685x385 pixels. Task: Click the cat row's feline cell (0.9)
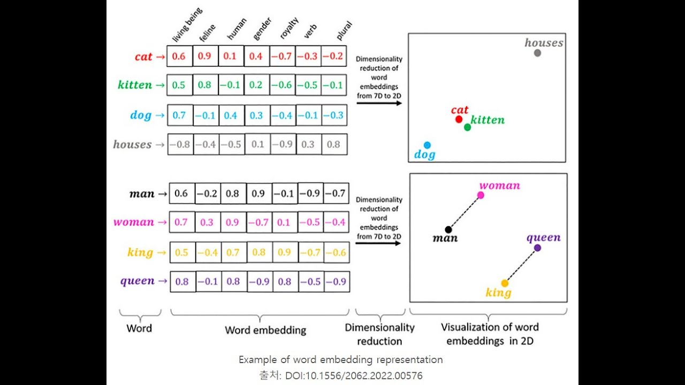coord(205,56)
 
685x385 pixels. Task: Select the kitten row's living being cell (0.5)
coord(179,85)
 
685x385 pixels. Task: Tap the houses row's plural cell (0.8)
coord(333,144)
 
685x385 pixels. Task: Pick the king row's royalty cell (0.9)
coord(285,252)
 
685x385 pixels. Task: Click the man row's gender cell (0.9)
coord(259,194)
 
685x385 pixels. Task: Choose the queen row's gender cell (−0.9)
coord(259,281)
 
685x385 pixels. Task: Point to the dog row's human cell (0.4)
coord(231,115)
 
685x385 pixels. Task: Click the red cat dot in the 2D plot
coord(459,119)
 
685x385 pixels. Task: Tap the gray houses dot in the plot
coord(537,52)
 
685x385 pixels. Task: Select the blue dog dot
coord(427,145)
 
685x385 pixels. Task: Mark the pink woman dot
coord(481,195)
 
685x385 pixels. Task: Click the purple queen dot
coord(537,248)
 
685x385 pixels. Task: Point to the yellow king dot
coord(504,283)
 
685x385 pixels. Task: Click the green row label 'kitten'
coord(135,85)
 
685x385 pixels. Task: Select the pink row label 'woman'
coord(134,222)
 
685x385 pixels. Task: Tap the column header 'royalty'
coord(289,29)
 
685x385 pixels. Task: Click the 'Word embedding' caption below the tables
coord(265,330)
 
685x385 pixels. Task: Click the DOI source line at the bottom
coord(341,375)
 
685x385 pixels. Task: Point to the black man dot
coord(448,229)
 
